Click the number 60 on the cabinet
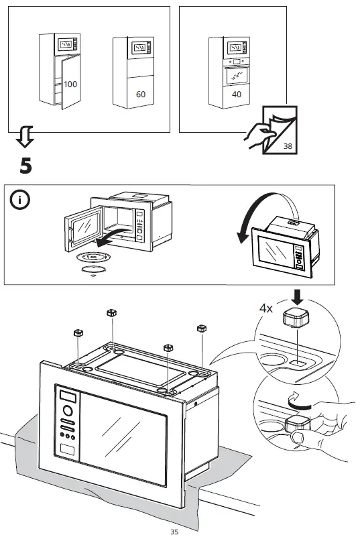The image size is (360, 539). pyautogui.click(x=140, y=95)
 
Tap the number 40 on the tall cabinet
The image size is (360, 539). pyautogui.click(x=237, y=95)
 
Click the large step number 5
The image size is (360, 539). pyautogui.click(x=25, y=166)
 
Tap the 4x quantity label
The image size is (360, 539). pyautogui.click(x=266, y=309)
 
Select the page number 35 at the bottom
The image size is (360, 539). pyautogui.click(x=174, y=532)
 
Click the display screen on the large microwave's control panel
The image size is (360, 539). pyautogui.click(x=68, y=394)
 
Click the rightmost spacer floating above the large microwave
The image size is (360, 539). pyautogui.click(x=200, y=328)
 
